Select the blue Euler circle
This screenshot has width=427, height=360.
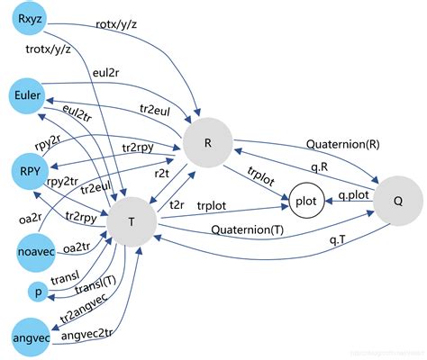pyautogui.click(x=30, y=95)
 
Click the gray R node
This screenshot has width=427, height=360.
pyautogui.click(x=208, y=141)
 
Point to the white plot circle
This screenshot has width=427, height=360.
pyautogui.click(x=308, y=200)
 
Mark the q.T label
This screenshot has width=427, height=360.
pyautogui.click(x=339, y=239)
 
